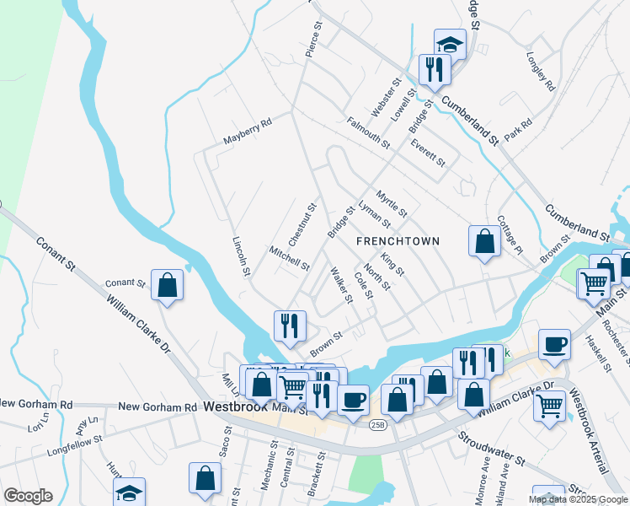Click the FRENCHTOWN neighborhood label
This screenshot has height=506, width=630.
tap(398, 241)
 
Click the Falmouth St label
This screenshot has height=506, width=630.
tap(368, 133)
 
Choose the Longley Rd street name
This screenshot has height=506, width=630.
tap(540, 73)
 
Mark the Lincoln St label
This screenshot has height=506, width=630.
tap(241, 256)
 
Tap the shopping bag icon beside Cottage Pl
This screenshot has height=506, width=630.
tap(485, 241)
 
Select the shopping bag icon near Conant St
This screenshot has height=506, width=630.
tap(168, 284)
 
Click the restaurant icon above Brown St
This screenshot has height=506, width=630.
tap(290, 325)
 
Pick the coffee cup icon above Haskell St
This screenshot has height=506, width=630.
tap(554, 343)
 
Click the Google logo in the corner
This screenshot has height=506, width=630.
tap(28, 495)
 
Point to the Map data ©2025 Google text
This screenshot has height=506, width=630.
tap(577, 499)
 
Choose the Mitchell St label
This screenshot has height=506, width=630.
tap(289, 259)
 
